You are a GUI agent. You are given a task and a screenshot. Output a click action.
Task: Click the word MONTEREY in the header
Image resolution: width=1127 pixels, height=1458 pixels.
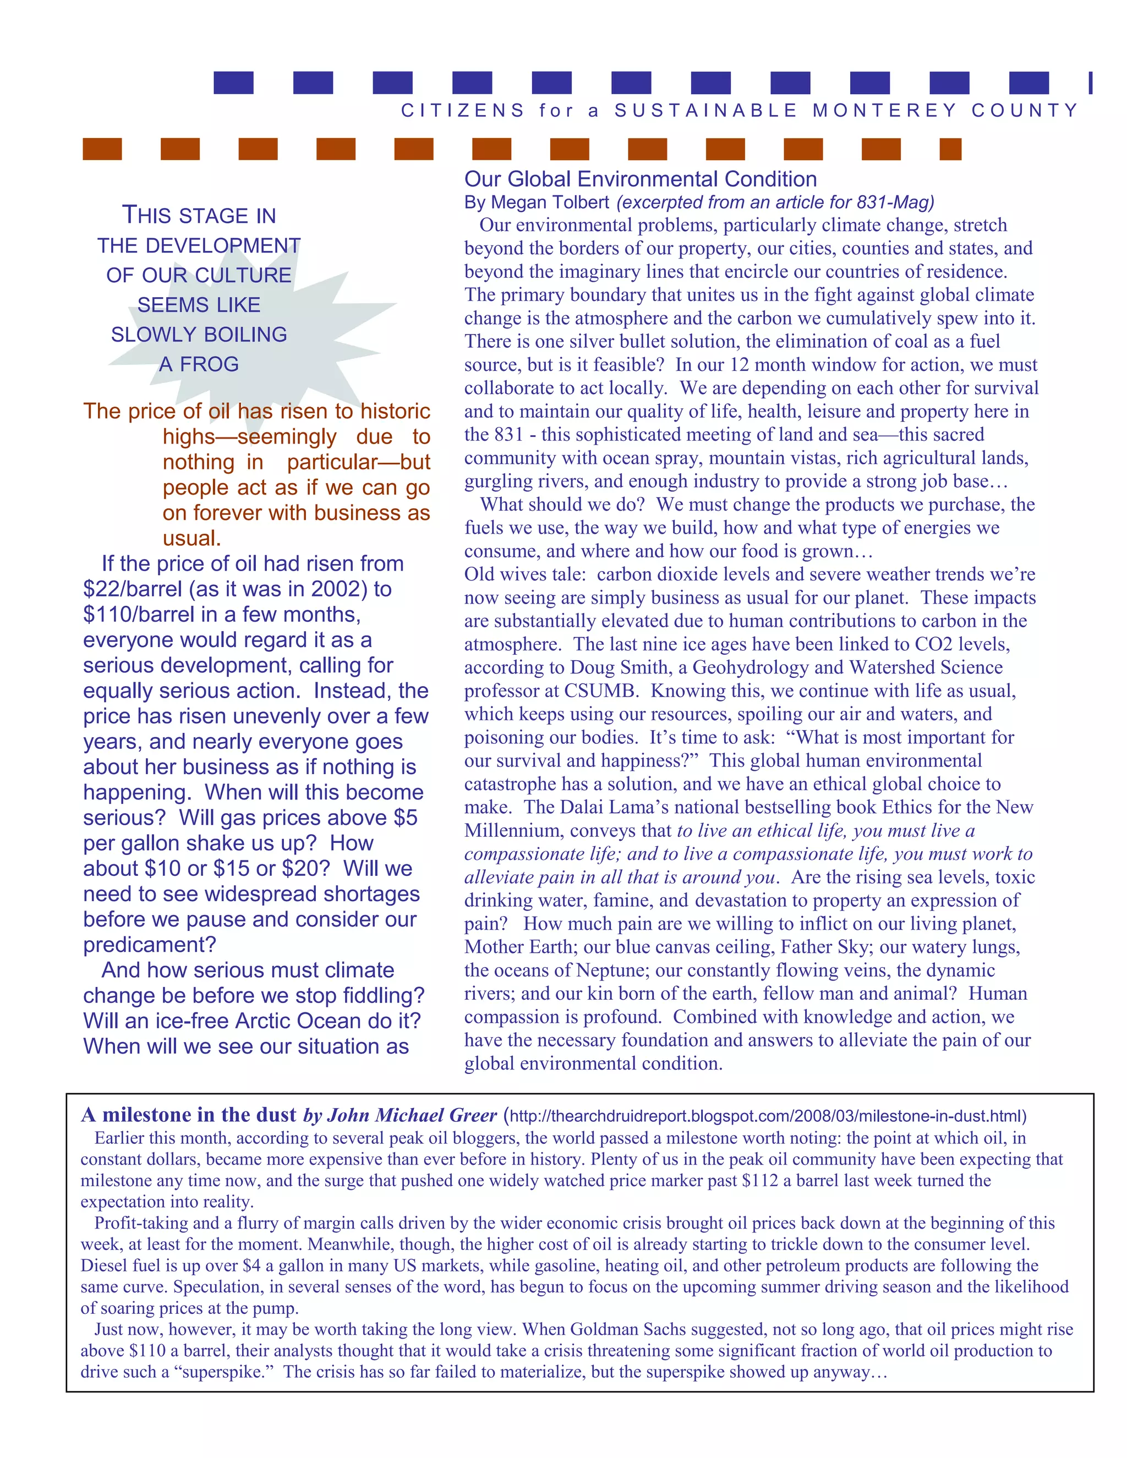coord(885,110)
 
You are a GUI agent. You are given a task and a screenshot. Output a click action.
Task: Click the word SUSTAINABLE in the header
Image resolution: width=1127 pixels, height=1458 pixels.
coord(705,110)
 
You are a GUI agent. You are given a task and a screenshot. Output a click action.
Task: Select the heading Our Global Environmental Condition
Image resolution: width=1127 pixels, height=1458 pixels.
coord(641,179)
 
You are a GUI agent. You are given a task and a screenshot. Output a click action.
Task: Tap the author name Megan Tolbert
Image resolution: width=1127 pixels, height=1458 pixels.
coord(550,202)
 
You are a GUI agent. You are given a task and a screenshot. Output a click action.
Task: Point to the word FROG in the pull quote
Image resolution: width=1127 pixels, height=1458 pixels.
coord(210,364)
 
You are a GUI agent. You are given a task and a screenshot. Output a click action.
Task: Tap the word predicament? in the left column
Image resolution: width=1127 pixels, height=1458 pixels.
coord(150,945)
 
